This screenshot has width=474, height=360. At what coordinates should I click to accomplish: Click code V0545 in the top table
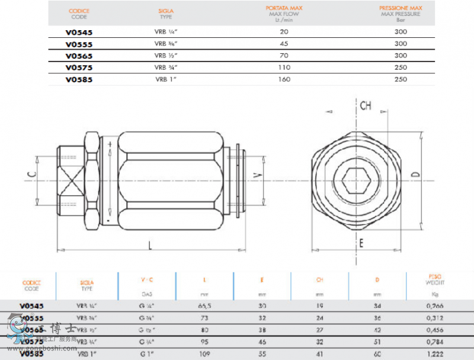point(78,32)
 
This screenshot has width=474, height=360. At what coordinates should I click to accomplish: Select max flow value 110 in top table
point(284,67)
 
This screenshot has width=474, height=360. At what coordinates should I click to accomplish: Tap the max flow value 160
point(284,79)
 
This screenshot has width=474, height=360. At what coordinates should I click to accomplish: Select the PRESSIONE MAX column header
point(401,8)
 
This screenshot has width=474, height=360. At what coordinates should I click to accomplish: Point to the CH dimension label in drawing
point(366,105)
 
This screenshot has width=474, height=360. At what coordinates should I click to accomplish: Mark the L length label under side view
point(150,245)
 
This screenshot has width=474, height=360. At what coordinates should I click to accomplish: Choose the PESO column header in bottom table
point(435,276)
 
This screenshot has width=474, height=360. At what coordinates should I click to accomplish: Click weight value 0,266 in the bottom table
point(435,306)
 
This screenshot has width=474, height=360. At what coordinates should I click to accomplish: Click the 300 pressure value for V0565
point(401,56)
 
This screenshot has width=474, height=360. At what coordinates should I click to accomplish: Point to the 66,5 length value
point(205,306)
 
